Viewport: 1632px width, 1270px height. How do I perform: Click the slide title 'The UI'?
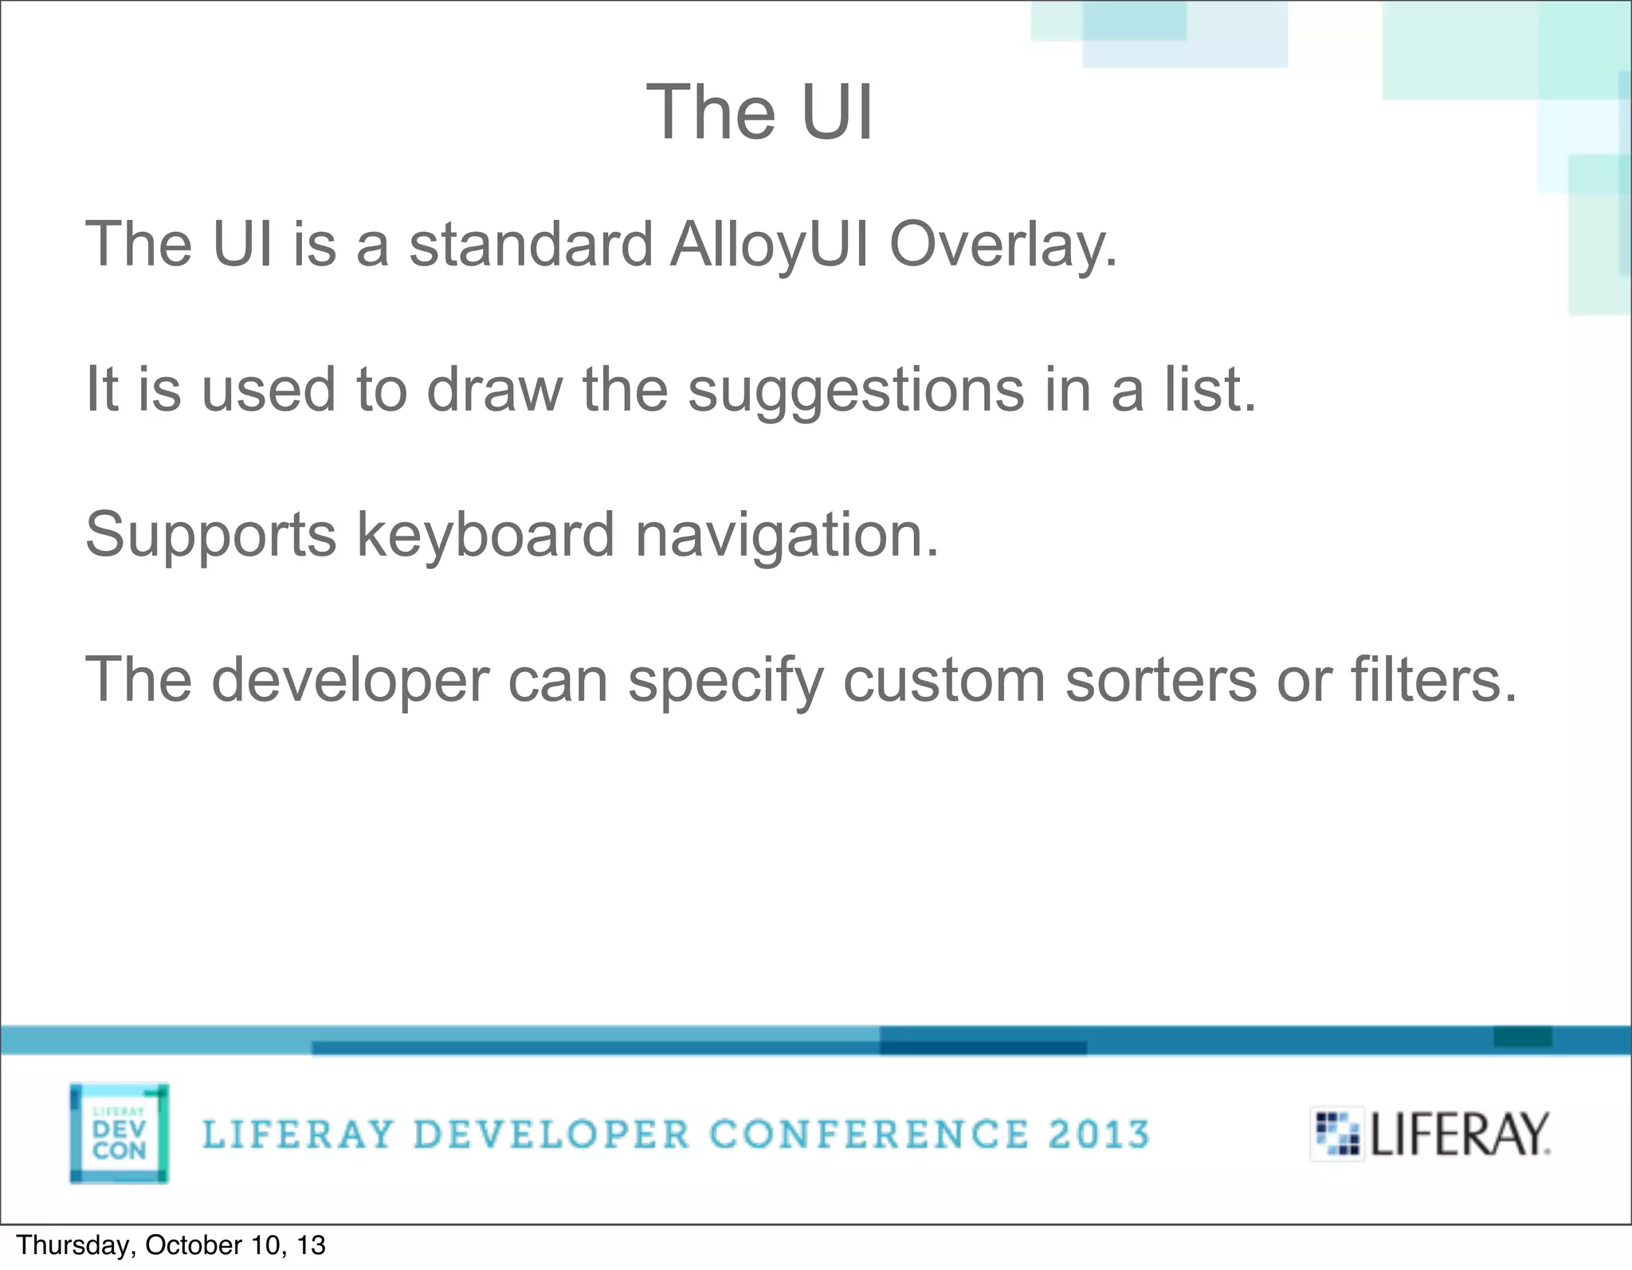(x=759, y=112)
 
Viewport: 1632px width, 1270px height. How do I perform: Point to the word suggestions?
(x=856, y=391)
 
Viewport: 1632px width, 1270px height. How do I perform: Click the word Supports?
(x=210, y=536)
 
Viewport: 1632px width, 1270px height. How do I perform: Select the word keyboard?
(x=485, y=534)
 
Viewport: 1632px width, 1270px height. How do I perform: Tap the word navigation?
(x=787, y=536)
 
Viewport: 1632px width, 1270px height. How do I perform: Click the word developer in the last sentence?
(x=350, y=681)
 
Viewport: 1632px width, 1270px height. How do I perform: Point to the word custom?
(x=943, y=681)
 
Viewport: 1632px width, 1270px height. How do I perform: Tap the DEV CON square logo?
(x=119, y=1133)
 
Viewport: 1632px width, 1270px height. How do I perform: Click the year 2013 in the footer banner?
(x=1099, y=1134)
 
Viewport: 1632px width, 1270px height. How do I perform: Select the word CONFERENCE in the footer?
(x=869, y=1134)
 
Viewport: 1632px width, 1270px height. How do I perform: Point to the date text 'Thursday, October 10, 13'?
(x=171, y=1245)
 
